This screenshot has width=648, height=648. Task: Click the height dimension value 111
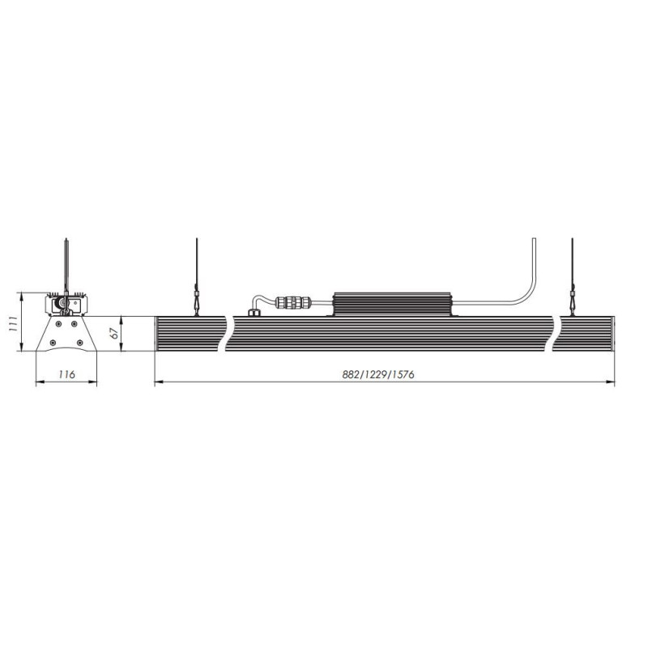(12, 324)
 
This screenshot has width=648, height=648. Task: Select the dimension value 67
(114, 333)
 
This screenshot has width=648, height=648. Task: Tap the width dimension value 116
(66, 374)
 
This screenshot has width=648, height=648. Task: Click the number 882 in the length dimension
(349, 374)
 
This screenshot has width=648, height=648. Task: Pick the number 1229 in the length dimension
(374, 374)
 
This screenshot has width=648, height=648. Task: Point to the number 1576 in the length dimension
(403, 374)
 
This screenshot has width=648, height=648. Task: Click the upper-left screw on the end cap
(58, 323)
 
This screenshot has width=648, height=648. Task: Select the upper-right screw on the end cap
(74, 323)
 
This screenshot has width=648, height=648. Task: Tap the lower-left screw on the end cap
(53, 343)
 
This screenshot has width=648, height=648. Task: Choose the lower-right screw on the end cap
(79, 343)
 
